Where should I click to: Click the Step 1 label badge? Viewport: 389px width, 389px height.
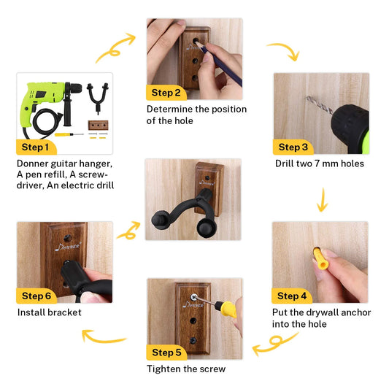(36, 147)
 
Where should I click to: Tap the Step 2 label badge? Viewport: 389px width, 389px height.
(166, 93)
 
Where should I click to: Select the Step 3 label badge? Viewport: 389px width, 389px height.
(293, 147)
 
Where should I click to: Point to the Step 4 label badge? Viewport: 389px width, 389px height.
(292, 296)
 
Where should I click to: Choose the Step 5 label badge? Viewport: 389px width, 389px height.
(166, 353)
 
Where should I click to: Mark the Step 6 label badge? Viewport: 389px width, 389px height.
(36, 296)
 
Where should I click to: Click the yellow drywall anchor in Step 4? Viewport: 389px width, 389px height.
(320, 259)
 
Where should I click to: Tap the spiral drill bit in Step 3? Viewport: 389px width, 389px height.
(320, 105)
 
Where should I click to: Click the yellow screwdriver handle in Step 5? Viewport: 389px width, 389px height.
(226, 309)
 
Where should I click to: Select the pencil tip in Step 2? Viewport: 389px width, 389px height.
(197, 43)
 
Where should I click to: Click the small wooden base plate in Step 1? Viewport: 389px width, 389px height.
(99, 126)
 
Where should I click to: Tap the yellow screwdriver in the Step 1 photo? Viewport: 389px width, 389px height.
(69, 134)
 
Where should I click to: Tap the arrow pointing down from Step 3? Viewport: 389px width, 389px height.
(323, 200)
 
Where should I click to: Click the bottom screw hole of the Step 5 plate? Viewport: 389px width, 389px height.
(193, 340)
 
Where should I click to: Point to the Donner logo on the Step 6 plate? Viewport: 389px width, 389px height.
(68, 247)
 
